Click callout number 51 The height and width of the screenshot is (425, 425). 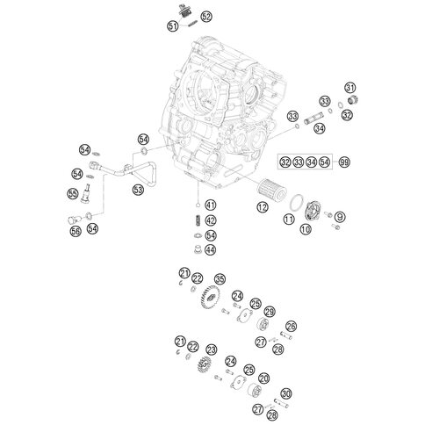point(173,26)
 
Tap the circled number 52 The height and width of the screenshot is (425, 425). point(206,17)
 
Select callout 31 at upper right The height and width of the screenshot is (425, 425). point(349,88)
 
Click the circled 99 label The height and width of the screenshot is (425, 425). point(344,162)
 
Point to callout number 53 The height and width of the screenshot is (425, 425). point(138,190)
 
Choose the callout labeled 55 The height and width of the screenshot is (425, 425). point(73,193)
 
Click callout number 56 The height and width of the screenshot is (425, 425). point(76,231)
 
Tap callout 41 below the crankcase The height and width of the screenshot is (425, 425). point(210,205)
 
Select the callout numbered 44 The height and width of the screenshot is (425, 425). point(210,249)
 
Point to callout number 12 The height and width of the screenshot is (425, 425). point(263,207)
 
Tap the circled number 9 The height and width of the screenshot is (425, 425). point(340,217)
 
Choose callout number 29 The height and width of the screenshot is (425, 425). point(269,312)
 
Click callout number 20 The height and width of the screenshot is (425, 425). point(264,378)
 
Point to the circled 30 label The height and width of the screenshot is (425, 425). point(285,393)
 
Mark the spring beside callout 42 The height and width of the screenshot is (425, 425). point(198,220)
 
